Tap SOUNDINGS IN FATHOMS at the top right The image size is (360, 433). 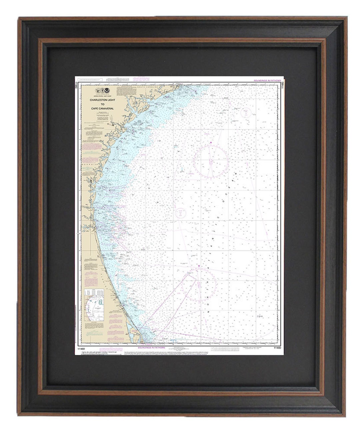coord(267,81)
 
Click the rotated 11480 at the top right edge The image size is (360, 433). coord(282,85)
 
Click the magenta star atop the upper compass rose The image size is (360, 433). coord(211,143)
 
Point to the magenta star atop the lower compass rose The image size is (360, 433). coord(199,266)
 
